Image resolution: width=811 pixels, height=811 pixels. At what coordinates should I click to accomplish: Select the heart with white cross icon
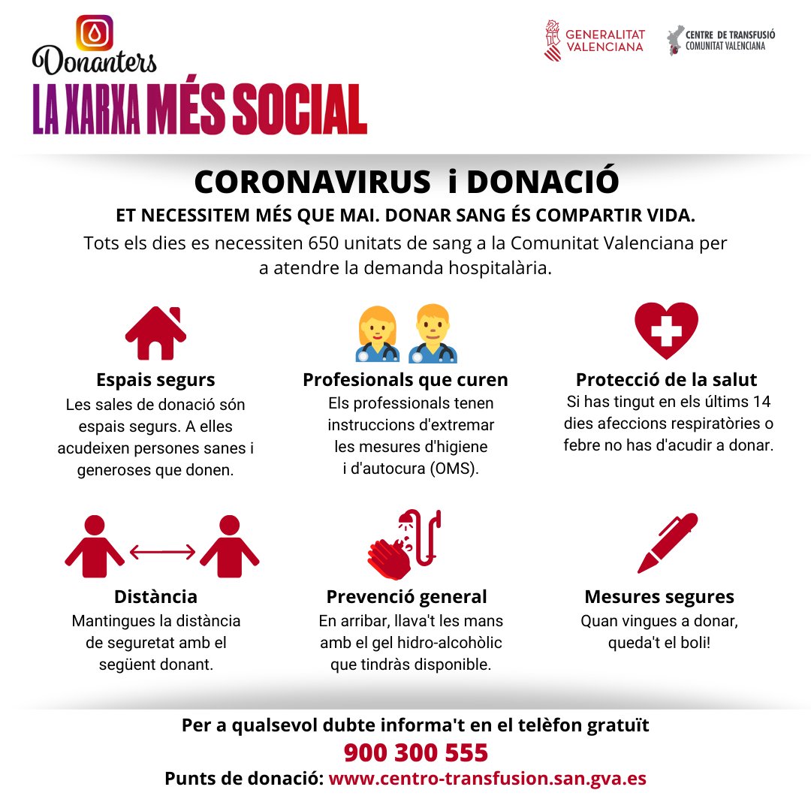666,330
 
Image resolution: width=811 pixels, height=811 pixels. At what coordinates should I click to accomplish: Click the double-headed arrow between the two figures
162,553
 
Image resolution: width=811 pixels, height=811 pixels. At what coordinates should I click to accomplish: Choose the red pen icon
667,543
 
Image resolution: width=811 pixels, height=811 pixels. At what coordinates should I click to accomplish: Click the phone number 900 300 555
416,752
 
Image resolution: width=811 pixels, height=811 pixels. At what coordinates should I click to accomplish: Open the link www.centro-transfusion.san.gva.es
487,779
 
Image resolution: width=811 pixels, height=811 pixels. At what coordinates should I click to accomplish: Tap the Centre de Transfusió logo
721,40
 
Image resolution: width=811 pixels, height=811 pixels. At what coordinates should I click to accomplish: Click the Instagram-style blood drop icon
95,32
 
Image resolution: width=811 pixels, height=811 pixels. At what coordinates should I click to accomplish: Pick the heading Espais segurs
155,379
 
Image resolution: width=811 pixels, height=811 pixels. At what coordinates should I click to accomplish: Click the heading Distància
155,596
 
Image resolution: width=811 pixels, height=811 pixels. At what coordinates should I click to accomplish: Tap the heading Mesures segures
659,597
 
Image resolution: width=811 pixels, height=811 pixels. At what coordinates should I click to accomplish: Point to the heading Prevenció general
406,597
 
